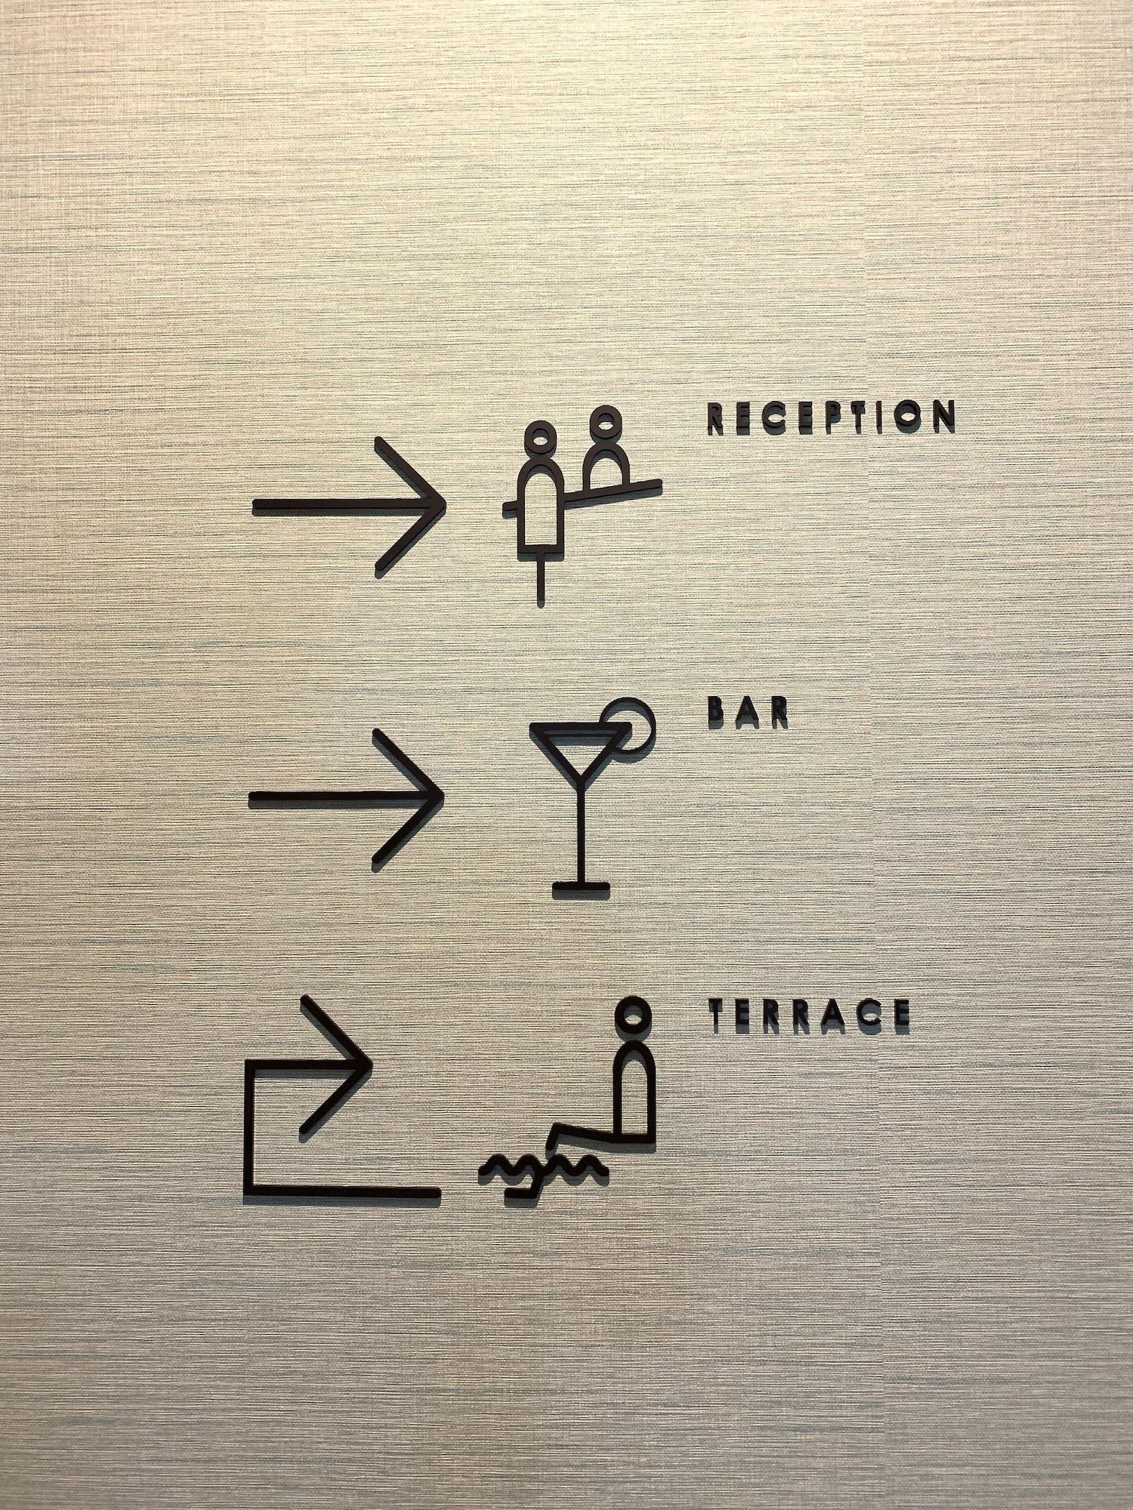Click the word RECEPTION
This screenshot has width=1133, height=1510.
832,417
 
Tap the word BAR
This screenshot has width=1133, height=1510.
748,713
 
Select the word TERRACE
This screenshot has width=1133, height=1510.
810,1015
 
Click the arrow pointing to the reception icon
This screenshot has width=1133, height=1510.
349,507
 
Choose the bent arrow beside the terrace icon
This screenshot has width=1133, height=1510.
249,1132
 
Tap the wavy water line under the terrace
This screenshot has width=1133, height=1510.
542,1169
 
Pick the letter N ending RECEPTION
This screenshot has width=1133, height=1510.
943,416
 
